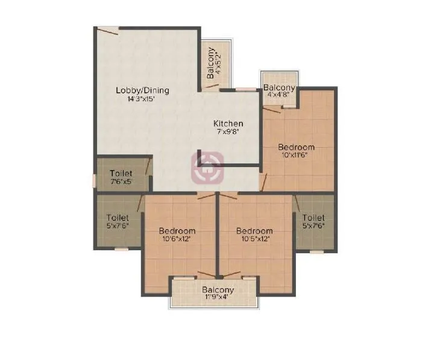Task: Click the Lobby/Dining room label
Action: [x=142, y=90]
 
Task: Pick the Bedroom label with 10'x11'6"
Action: [x=296, y=147]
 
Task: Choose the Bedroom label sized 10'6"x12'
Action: [x=177, y=230]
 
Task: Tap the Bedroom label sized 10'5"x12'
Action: [x=254, y=230]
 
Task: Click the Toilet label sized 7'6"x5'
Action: [x=121, y=173]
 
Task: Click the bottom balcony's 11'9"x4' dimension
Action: [x=218, y=297]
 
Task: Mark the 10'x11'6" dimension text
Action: [x=296, y=156]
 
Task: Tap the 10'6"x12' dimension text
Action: [x=177, y=238]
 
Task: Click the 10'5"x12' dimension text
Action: [x=254, y=238]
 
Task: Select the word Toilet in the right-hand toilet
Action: [x=313, y=218]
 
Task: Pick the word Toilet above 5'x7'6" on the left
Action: [x=118, y=218]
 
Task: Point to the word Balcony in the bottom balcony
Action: [x=218, y=289]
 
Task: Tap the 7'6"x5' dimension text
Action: [x=121, y=181]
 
